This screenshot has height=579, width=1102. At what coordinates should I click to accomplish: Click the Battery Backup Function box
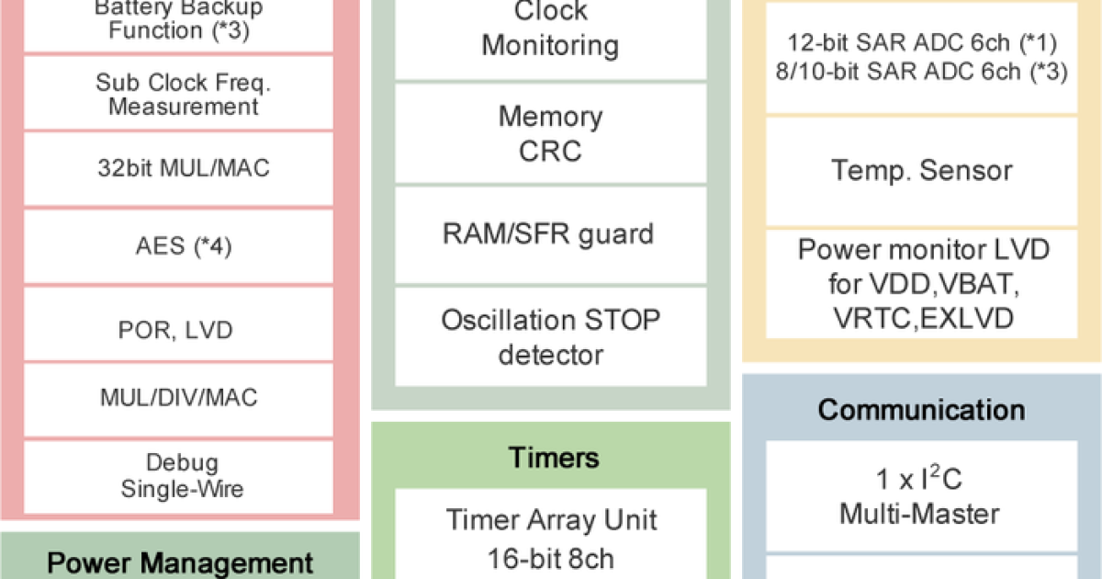(x=179, y=20)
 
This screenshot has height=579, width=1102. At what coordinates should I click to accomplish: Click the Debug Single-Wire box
(x=180, y=475)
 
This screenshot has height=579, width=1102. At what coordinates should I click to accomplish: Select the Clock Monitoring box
(x=551, y=29)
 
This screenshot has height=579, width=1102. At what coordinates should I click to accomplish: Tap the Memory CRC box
(x=551, y=133)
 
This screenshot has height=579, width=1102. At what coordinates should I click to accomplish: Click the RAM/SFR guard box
(x=551, y=233)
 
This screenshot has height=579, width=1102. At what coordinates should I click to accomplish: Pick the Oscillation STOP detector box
(x=551, y=336)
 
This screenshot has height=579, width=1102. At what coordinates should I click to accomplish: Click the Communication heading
(x=921, y=409)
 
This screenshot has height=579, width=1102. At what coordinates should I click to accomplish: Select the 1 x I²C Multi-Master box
(x=921, y=496)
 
